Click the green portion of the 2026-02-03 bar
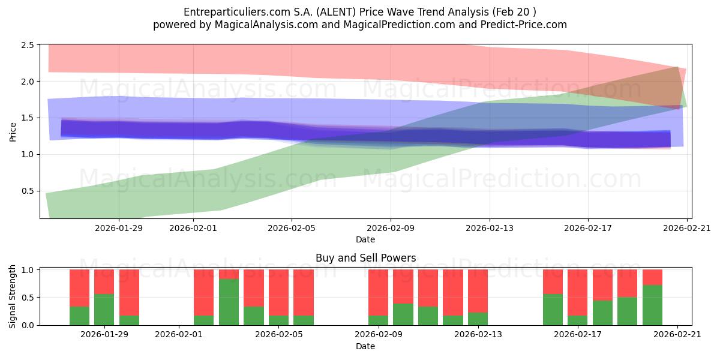click(x=229, y=302)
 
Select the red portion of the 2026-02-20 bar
click(x=653, y=277)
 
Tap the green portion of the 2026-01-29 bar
click(x=104, y=310)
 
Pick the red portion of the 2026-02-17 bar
click(x=577, y=293)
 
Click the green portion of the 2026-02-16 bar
click(x=553, y=310)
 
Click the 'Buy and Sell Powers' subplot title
click(x=366, y=258)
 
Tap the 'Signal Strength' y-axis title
click(x=12, y=296)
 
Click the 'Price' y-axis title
click(x=13, y=132)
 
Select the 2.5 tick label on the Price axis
click(x=28, y=45)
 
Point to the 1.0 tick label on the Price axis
click(x=28, y=155)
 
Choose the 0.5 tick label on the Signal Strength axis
click(x=28, y=298)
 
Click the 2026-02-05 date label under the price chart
click(x=292, y=228)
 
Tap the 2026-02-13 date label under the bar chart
click(x=478, y=335)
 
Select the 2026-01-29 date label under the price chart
click(x=119, y=228)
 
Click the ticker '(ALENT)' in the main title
click(x=336, y=12)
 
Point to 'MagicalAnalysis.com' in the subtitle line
click(x=266, y=25)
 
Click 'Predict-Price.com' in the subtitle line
click(x=524, y=25)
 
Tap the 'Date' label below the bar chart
click(x=365, y=346)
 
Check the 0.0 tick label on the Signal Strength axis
click(x=28, y=325)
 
